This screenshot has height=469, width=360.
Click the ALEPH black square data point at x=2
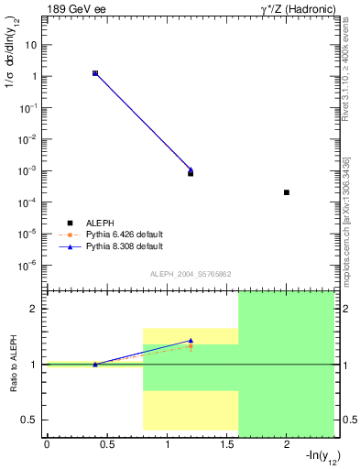(x=287, y=192)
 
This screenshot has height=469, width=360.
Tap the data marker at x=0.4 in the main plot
(x=94, y=72)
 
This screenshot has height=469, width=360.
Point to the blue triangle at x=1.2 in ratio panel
(x=191, y=340)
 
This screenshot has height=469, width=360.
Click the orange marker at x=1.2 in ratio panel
(x=191, y=346)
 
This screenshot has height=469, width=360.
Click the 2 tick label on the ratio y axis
(x=36, y=309)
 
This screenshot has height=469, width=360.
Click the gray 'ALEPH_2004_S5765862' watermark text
(x=191, y=274)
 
